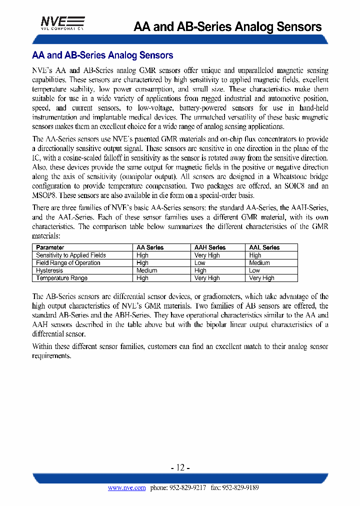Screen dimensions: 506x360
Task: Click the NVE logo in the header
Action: tap(62, 23)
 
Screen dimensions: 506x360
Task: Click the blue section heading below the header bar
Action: tap(102, 55)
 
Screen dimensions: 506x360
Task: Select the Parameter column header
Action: tap(50, 247)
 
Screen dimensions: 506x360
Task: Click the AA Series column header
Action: tap(150, 247)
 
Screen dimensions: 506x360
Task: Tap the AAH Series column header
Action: tap(209, 247)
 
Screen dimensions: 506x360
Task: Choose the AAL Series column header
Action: tap(264, 247)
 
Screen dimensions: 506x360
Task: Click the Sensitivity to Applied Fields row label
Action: tap(71, 255)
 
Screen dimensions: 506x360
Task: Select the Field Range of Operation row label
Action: tap(68, 263)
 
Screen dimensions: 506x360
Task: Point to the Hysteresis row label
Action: tap(49, 270)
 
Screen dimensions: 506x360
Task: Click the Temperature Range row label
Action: tap(61, 278)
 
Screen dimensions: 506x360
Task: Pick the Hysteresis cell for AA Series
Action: tap(146, 270)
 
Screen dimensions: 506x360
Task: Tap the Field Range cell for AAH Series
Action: tap(199, 263)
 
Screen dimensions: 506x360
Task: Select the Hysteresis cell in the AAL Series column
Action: tap(254, 270)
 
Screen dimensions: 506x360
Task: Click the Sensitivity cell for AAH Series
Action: tap(206, 255)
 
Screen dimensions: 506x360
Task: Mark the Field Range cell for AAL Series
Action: tap(259, 263)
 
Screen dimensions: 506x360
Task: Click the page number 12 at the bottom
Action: tap(180, 468)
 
